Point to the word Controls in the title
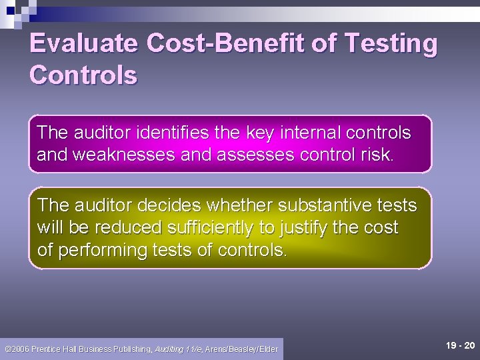pyautogui.click(x=83, y=75)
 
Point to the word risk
pyautogui.click(x=377, y=155)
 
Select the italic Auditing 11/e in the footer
pyautogui.click(x=179, y=349)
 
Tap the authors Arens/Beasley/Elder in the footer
pyautogui.click(x=242, y=349)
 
